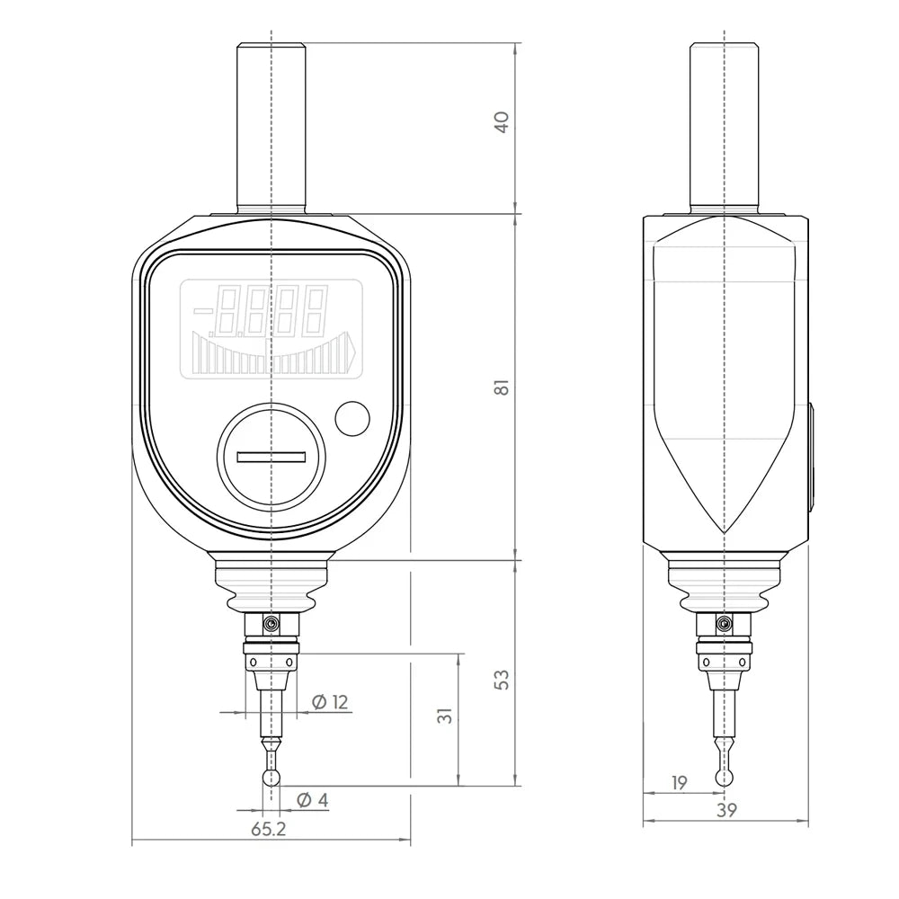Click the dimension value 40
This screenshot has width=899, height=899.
pyautogui.click(x=502, y=122)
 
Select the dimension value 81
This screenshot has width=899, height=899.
pyautogui.click(x=502, y=387)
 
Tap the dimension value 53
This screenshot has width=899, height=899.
pyautogui.click(x=502, y=680)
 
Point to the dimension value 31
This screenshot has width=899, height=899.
pyautogui.click(x=446, y=716)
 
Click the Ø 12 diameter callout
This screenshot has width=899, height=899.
pyautogui.click(x=330, y=702)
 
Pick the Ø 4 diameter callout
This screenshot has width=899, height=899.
pyautogui.click(x=313, y=800)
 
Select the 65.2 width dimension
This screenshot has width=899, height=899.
pyautogui.click(x=268, y=829)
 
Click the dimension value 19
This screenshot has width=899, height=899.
pyautogui.click(x=679, y=783)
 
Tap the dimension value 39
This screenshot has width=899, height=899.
pyautogui.click(x=725, y=811)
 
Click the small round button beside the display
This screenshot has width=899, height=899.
pyautogui.click(x=352, y=418)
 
